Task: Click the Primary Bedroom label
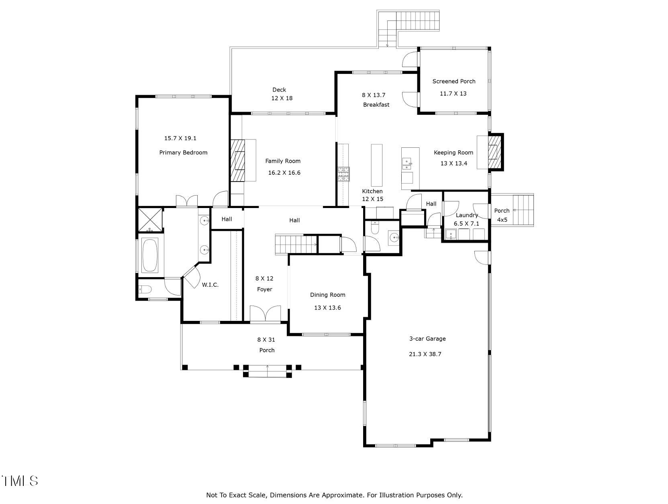click(183, 153)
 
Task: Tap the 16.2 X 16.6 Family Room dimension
click(284, 173)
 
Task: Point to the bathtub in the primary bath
click(150, 255)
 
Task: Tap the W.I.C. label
click(210, 285)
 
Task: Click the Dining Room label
click(327, 295)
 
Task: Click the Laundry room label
click(466, 215)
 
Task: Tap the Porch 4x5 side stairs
click(523, 210)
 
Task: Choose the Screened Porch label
click(454, 81)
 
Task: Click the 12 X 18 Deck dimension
click(282, 98)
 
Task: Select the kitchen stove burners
click(343, 174)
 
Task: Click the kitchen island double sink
click(407, 162)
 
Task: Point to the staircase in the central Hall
click(296, 244)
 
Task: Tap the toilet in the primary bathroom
click(145, 289)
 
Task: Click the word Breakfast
click(376, 105)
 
